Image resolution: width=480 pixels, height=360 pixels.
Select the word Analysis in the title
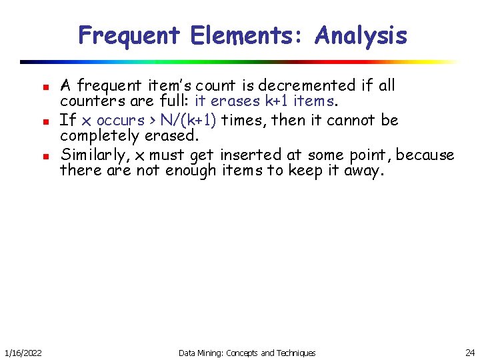(361, 35)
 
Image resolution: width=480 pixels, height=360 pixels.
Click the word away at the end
(361, 171)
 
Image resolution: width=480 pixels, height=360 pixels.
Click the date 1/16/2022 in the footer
(21, 352)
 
